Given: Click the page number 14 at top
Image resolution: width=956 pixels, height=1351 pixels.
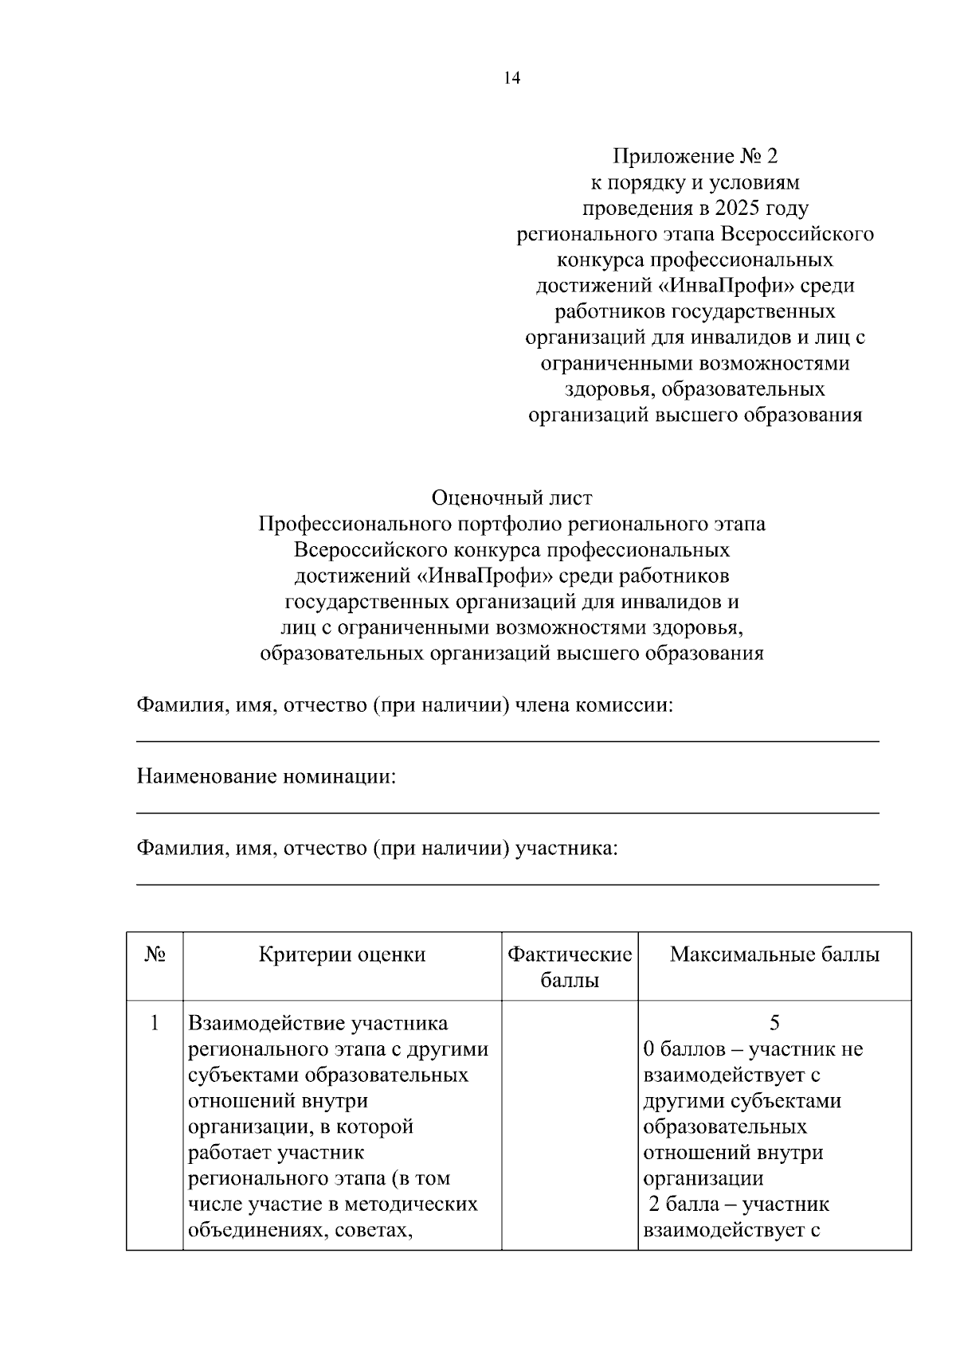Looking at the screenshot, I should (x=511, y=78).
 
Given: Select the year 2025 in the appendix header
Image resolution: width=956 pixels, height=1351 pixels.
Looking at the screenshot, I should (x=738, y=209).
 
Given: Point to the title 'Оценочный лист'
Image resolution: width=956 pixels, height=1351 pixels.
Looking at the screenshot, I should (x=511, y=498).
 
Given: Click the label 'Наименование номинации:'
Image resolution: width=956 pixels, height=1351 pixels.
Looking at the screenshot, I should (x=266, y=776).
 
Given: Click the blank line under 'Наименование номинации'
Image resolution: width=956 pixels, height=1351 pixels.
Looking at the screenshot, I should (x=507, y=813).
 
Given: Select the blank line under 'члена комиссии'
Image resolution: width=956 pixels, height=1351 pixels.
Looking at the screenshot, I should (x=507, y=741).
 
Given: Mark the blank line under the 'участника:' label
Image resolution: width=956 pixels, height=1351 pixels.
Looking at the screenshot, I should (x=507, y=884).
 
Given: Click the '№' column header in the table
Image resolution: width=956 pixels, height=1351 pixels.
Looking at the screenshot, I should (x=155, y=955).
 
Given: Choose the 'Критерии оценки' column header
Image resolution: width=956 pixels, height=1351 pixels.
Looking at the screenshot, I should (x=342, y=955).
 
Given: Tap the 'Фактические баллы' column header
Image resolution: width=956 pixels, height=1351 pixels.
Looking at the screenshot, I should (x=570, y=967).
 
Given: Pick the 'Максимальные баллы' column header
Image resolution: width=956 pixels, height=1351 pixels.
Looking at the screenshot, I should (x=774, y=955).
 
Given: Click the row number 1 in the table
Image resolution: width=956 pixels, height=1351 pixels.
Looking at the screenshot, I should (x=155, y=1022).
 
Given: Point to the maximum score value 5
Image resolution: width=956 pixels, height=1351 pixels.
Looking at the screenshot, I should (x=774, y=1023).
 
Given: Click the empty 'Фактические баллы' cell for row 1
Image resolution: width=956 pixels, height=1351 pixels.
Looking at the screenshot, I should (x=570, y=1123).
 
